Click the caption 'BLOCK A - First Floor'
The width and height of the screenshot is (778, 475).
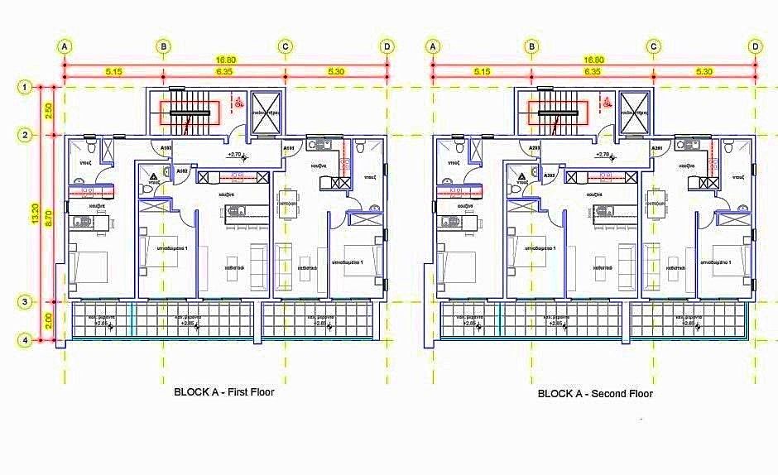pos(223,392)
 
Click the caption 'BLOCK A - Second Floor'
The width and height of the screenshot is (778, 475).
pos(595,394)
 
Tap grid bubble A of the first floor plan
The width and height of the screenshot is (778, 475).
pos(65,46)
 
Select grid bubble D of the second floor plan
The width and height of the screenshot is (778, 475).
pos(755,46)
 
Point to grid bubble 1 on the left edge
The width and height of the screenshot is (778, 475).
pos(26,86)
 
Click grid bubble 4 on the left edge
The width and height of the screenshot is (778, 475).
pos(26,339)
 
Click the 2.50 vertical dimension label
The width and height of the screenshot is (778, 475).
pos(48,110)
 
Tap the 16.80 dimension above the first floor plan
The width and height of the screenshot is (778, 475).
pos(225,60)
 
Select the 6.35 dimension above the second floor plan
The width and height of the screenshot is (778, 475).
pos(592,72)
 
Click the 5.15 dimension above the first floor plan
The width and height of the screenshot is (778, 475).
pos(113,72)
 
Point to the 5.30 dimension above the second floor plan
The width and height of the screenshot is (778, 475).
pos(704,72)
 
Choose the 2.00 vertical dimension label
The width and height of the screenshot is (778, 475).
pos(48,321)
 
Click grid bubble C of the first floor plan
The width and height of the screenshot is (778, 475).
pos(285,46)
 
